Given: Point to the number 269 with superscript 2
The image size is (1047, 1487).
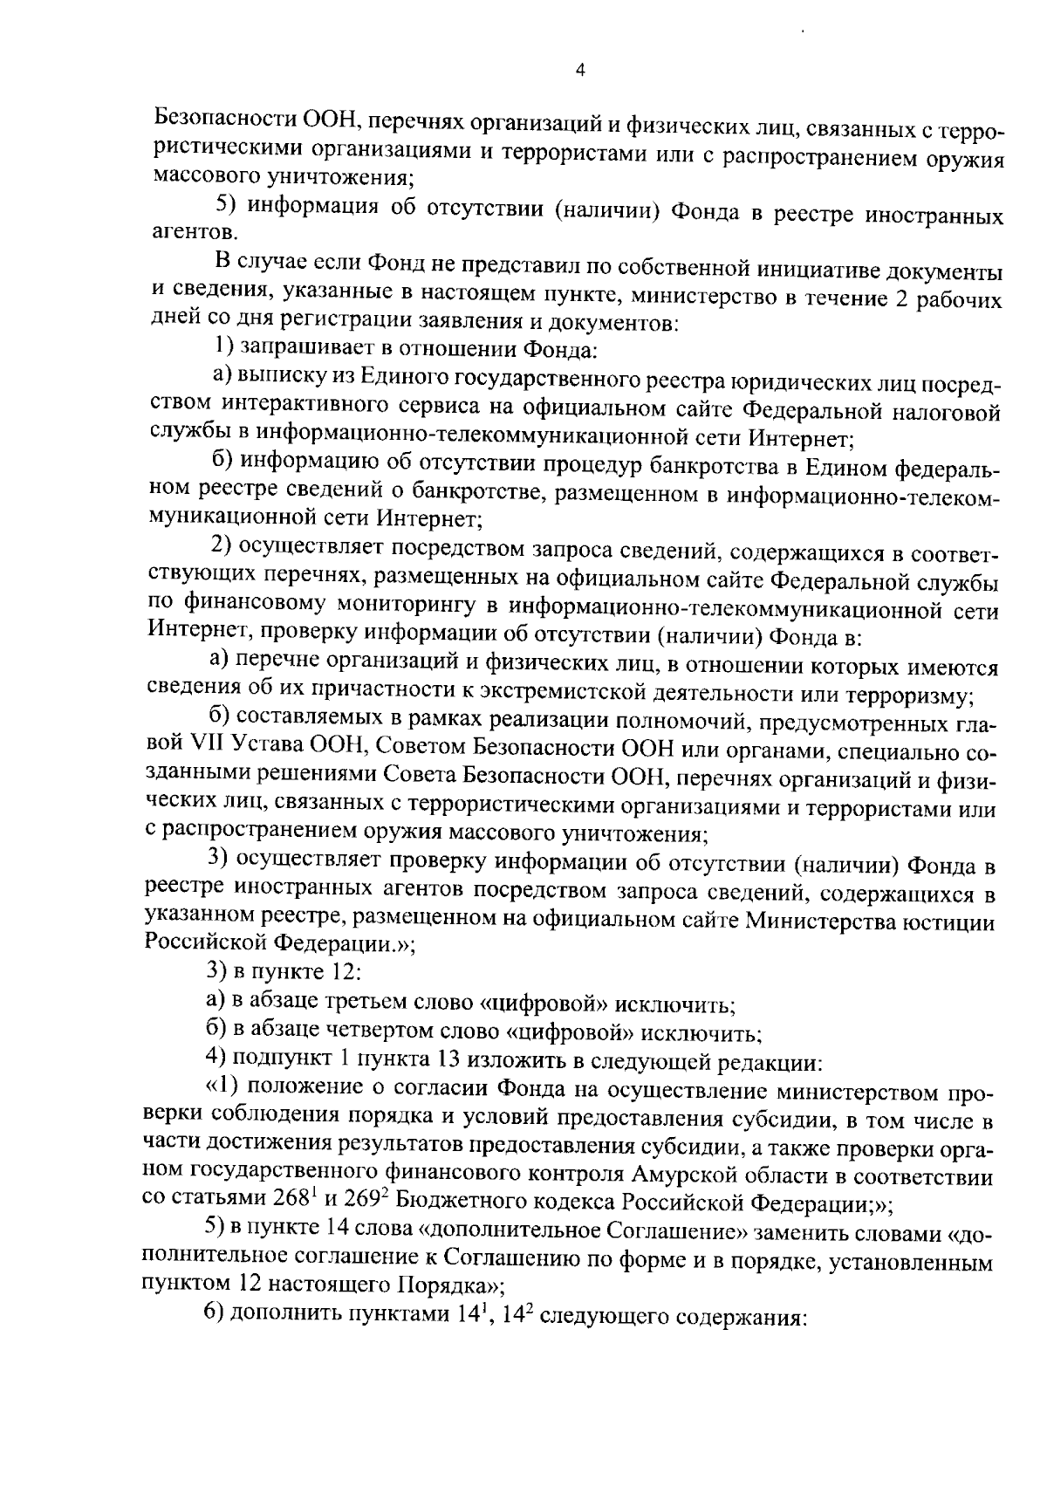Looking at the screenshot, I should pos(359,1203).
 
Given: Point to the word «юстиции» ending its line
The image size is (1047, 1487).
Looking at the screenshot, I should pos(957,920).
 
